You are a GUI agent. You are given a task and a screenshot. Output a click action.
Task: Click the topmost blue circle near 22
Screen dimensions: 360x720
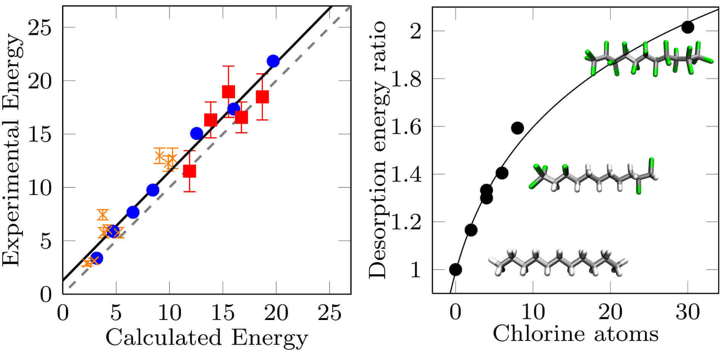(273, 61)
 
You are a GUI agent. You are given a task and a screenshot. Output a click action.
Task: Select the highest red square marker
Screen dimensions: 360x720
(228, 91)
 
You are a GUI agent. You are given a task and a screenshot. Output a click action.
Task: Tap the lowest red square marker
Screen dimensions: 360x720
(189, 171)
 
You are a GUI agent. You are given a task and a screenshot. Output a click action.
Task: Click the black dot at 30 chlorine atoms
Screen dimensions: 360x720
(688, 27)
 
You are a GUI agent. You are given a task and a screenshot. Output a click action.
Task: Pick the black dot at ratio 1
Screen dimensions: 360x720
(456, 270)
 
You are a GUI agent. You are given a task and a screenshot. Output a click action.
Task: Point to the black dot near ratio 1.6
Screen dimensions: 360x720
(517, 128)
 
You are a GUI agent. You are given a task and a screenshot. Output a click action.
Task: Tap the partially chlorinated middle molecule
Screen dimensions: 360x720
(592, 177)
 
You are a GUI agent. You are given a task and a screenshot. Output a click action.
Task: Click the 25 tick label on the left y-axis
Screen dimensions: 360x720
(40, 28)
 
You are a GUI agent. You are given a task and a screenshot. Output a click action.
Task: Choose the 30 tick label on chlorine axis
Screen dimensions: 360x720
(688, 313)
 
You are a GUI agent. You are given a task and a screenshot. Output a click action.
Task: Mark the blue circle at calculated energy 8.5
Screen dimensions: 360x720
(152, 190)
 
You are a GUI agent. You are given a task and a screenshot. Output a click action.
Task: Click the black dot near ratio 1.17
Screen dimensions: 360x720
(471, 230)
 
